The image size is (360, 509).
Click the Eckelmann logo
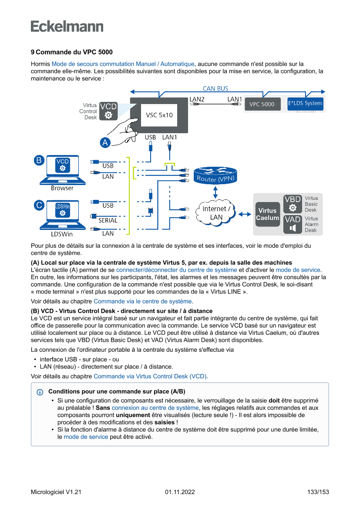67,27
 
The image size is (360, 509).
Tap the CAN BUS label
215,88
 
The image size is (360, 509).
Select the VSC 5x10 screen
159,115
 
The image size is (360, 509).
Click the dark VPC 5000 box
262,104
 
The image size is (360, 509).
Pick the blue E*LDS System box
305,104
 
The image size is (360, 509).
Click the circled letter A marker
104,142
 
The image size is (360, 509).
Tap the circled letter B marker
39,160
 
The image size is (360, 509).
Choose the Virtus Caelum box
267,214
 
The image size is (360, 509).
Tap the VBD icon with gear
293,204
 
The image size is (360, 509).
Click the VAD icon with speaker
293,224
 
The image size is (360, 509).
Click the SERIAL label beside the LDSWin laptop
108,220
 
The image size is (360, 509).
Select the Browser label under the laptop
62,188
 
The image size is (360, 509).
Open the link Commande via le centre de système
142,301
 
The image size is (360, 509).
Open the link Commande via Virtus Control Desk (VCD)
151,376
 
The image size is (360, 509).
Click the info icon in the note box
40,392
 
